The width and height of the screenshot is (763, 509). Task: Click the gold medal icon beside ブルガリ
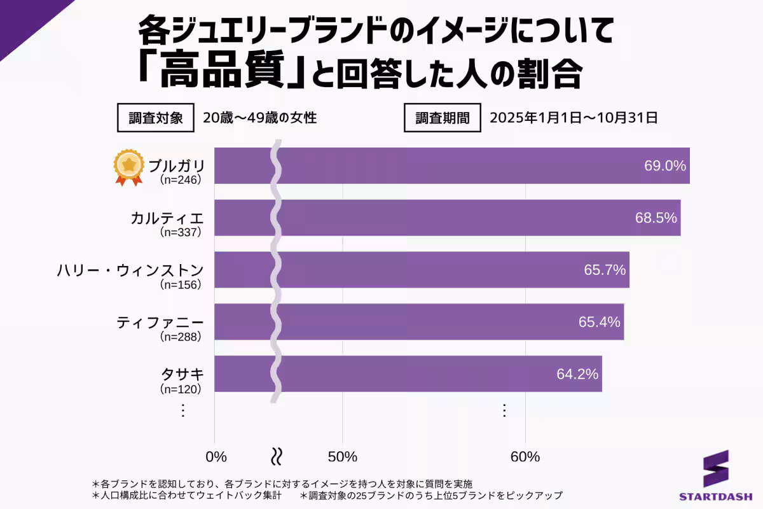click(x=129, y=167)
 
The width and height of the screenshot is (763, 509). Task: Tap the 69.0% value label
click(x=665, y=166)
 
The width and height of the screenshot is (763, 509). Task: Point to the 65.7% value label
click(x=605, y=270)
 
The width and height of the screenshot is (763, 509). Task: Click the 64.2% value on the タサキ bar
click(x=577, y=374)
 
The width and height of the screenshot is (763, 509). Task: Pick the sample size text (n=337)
click(x=181, y=232)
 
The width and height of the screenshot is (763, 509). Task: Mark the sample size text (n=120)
click(x=181, y=389)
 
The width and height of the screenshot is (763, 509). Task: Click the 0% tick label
click(x=216, y=457)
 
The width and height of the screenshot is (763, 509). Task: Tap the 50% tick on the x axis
click(x=343, y=457)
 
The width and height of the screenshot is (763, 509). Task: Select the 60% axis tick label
click(x=525, y=457)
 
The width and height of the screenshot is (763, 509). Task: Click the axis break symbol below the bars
click(x=277, y=456)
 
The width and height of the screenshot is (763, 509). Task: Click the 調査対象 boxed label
click(x=156, y=118)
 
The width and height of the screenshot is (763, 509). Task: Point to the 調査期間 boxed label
click(x=443, y=118)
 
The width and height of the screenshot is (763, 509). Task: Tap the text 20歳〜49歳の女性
click(x=259, y=118)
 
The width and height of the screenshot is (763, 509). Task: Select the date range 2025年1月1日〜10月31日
click(x=573, y=118)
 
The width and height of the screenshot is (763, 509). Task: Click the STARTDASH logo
click(x=716, y=477)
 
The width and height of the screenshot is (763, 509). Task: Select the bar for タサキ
click(x=408, y=374)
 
